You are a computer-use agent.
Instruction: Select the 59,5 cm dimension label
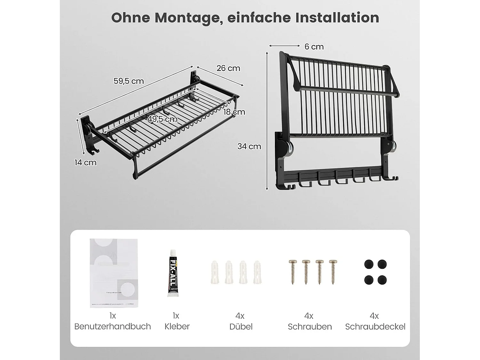click(x=129, y=81)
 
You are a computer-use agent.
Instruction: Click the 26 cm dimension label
click(x=228, y=68)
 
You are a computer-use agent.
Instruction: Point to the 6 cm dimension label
click(x=314, y=47)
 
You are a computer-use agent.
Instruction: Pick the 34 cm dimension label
click(x=249, y=146)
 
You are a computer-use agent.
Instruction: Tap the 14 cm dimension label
click(x=85, y=163)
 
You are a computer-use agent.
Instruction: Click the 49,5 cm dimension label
click(x=163, y=119)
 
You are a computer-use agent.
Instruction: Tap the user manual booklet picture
click(x=114, y=273)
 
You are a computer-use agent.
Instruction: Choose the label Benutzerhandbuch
click(x=113, y=326)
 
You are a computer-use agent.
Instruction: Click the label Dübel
click(x=241, y=326)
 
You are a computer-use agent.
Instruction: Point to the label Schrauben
click(x=309, y=326)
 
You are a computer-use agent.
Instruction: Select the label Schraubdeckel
click(x=375, y=326)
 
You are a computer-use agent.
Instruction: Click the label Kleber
click(x=177, y=326)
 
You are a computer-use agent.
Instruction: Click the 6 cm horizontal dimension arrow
click(x=284, y=46)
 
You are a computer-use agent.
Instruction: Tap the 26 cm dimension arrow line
click(x=220, y=76)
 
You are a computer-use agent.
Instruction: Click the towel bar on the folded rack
click(x=347, y=91)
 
